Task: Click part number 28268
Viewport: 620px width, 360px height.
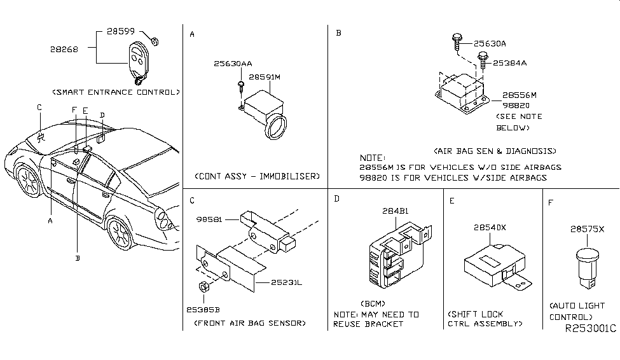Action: (65, 48)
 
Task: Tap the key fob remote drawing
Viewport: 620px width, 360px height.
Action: (137, 60)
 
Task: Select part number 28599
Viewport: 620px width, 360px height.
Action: (119, 31)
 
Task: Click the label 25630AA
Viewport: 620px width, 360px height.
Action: (233, 64)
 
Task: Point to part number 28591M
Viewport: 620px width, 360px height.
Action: (264, 77)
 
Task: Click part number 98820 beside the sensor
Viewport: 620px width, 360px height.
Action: (516, 106)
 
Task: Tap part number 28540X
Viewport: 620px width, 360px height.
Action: (488, 226)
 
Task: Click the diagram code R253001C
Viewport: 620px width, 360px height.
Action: (590, 329)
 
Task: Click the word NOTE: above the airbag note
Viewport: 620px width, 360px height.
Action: (372, 157)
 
